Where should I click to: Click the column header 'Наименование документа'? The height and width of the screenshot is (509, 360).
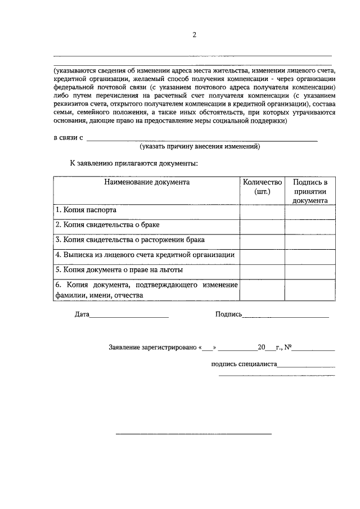(147, 182)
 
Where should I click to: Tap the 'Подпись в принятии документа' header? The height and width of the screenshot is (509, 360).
(310, 191)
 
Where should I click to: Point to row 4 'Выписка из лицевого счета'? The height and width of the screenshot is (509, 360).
(145, 255)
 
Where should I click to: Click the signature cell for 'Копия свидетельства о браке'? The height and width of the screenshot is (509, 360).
(310, 225)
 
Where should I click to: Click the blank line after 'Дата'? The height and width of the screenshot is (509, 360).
(129, 317)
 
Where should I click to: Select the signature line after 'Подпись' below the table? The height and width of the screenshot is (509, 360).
(285, 317)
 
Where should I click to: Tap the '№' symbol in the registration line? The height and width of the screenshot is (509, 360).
(287, 347)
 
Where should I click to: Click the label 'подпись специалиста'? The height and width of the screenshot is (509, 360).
(245, 364)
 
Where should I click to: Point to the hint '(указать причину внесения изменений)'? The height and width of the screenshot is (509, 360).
(200, 146)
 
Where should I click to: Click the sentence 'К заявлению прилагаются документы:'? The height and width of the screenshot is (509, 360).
(133, 163)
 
